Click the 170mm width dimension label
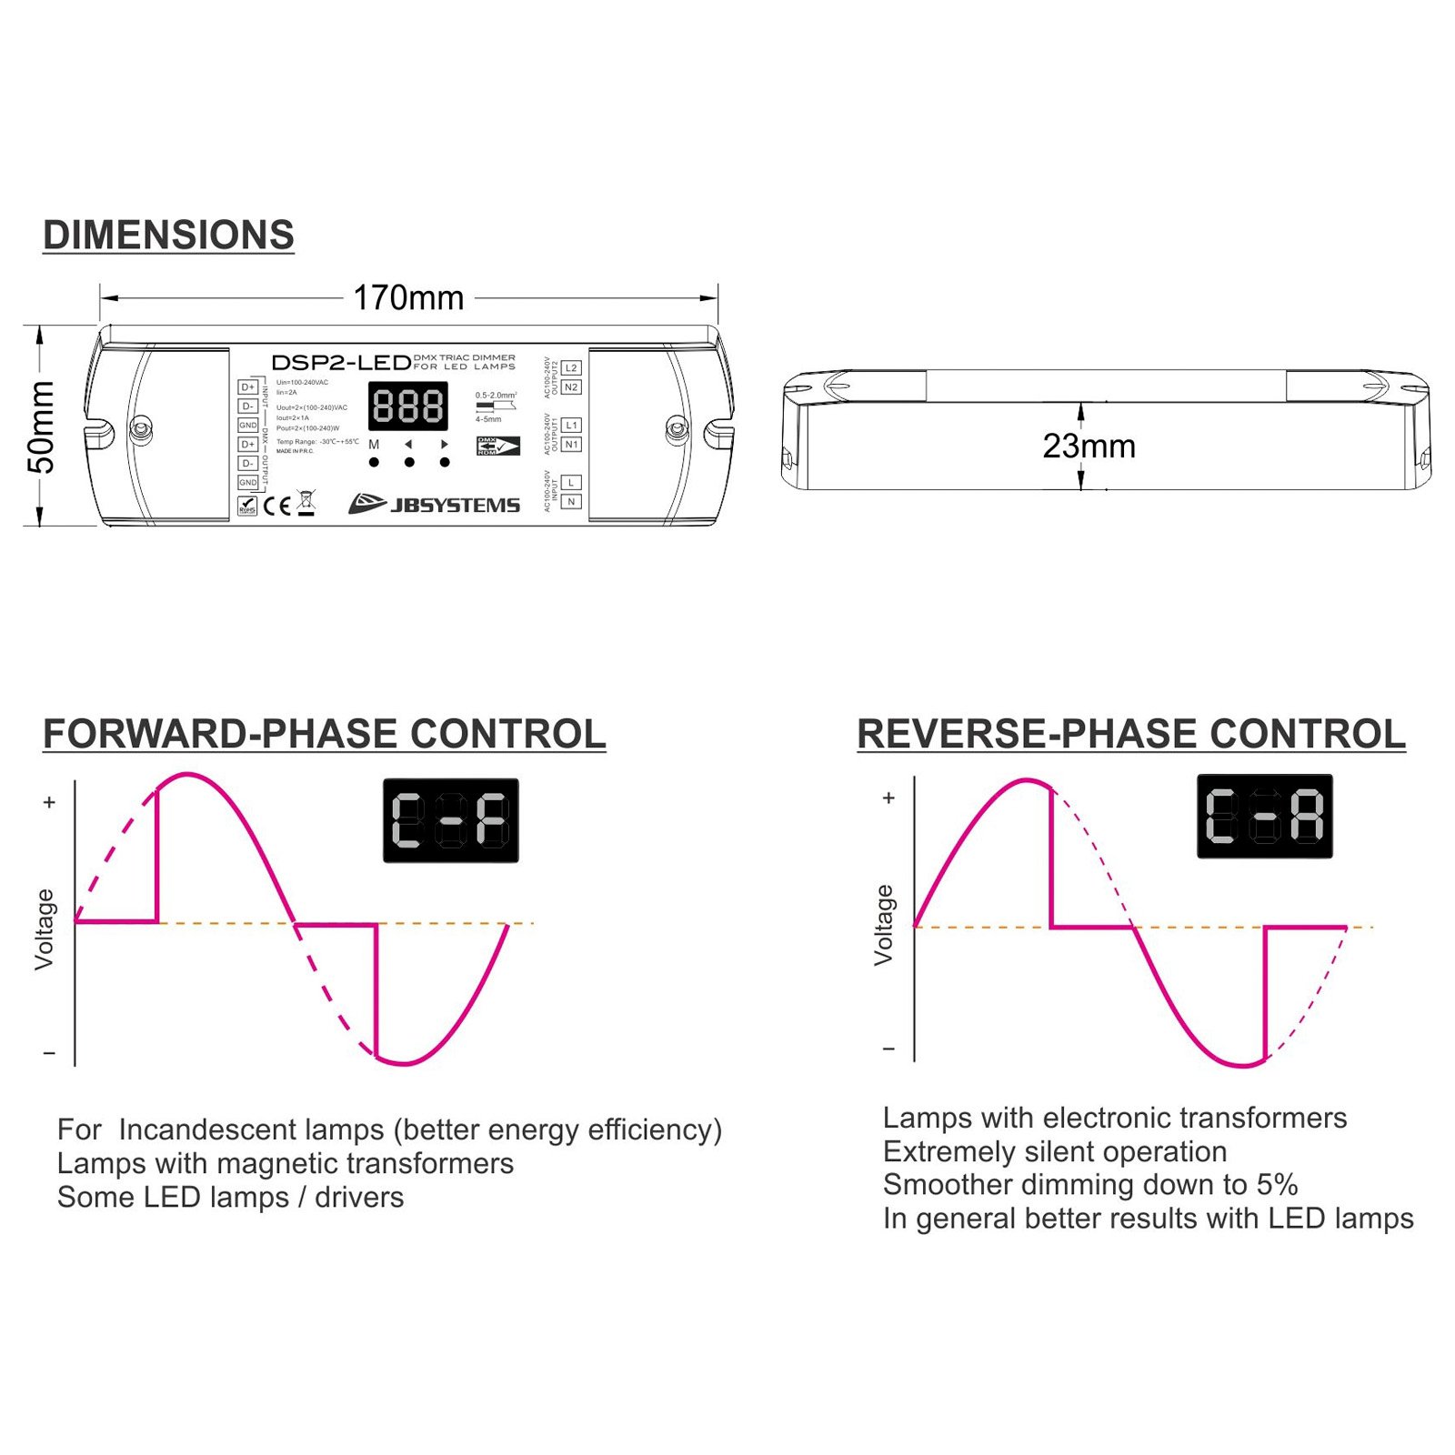tap(408, 297)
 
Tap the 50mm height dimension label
tap(42, 427)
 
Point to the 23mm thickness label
tap(1089, 447)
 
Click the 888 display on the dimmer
tap(408, 406)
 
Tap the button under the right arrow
tap(445, 462)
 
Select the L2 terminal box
tap(571, 368)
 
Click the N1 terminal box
tap(571, 445)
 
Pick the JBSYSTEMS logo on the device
tap(435, 505)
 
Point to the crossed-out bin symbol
tap(306, 503)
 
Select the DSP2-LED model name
tap(341, 363)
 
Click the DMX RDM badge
tap(497, 447)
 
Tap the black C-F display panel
tap(451, 820)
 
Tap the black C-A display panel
tap(1264, 816)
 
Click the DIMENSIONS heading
tap(168, 236)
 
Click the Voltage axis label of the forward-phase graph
tap(44, 929)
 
